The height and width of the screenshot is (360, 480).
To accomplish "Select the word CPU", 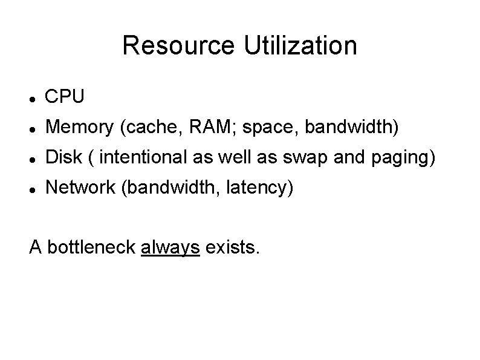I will tap(65, 96).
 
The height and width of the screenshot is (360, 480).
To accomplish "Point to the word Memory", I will tap(82, 127).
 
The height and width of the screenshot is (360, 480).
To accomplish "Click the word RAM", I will tap(204, 127).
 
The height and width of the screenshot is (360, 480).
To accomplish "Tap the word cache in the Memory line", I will tap(149, 127).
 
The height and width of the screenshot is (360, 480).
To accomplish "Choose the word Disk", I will tap(65, 158).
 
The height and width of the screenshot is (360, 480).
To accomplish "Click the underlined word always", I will tap(170, 247).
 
